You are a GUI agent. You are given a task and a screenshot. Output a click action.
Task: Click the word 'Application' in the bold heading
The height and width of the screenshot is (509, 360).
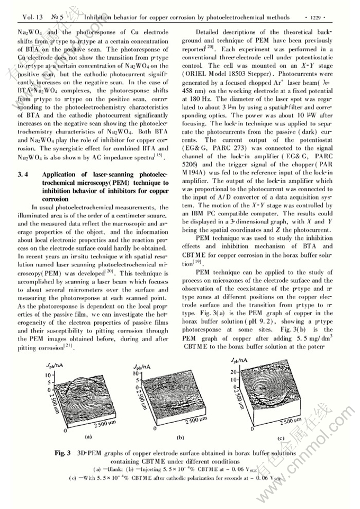[60, 174]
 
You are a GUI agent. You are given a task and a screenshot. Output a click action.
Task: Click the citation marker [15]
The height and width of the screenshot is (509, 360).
[160, 158]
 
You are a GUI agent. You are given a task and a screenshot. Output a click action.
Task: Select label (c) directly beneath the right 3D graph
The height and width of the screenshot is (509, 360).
[281, 438]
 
